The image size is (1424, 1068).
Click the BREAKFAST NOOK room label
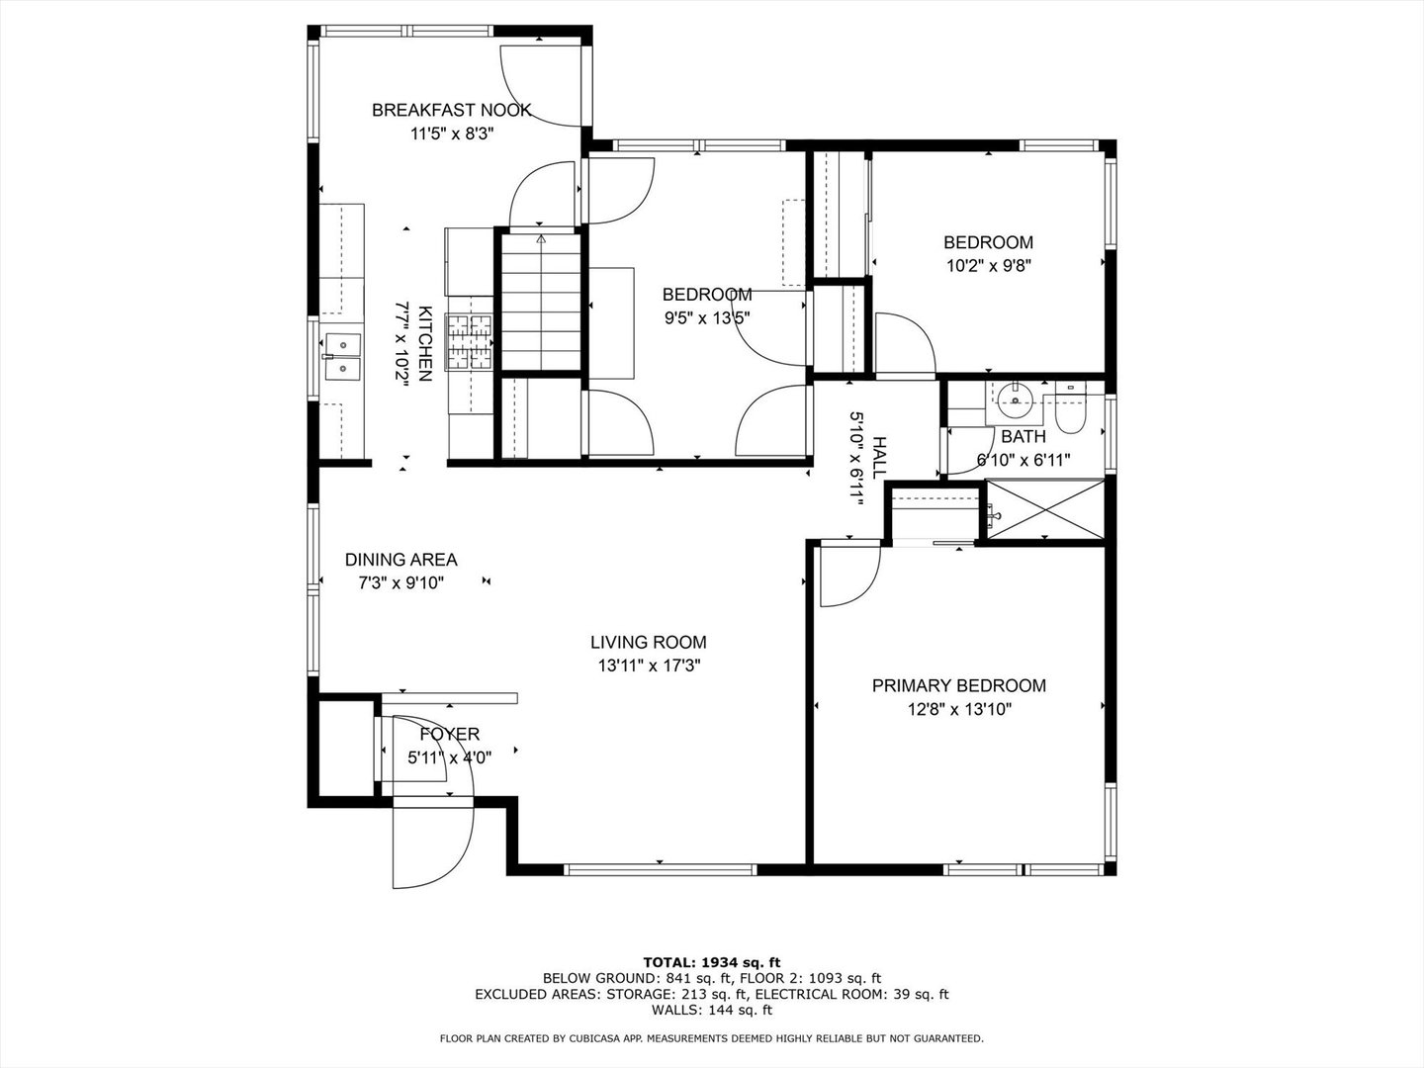point(452,110)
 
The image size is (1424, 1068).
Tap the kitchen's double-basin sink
point(342,356)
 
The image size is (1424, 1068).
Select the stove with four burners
point(469,342)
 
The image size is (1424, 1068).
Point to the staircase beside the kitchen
point(541,302)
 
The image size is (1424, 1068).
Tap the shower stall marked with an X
point(1045,509)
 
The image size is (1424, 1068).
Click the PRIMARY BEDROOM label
point(959,685)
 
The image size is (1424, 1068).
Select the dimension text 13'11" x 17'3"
point(650,666)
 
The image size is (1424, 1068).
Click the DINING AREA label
point(400,560)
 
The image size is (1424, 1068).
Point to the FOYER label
point(450,734)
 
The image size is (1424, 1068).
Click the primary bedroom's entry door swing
point(849,575)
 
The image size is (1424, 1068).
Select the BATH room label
point(1023,436)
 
